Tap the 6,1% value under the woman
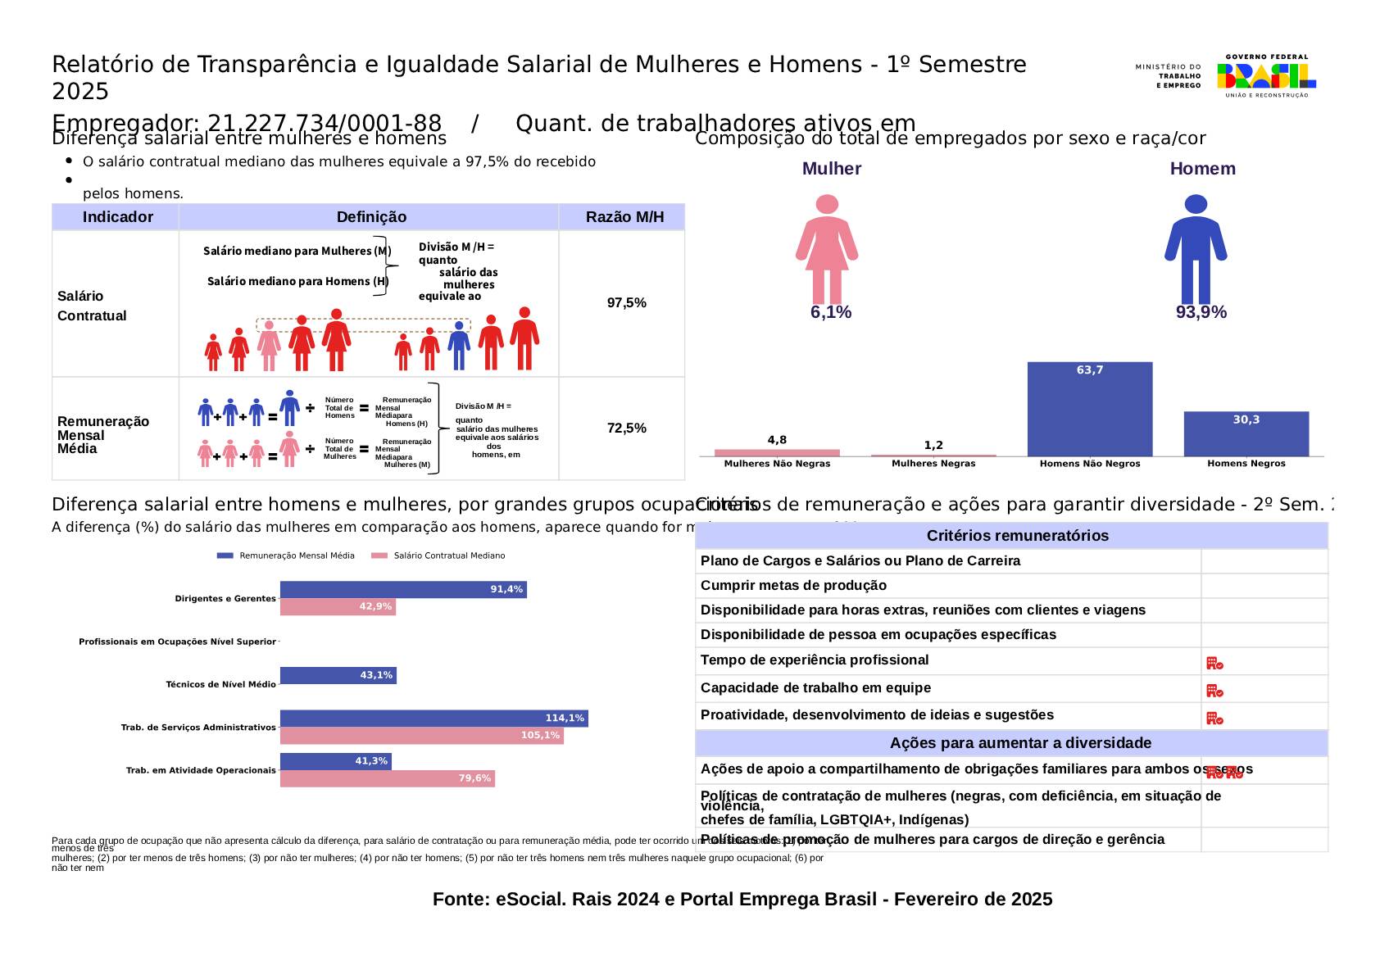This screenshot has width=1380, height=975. [x=831, y=312]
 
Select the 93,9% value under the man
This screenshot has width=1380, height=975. [x=1201, y=312]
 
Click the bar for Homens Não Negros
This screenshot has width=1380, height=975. [x=1089, y=409]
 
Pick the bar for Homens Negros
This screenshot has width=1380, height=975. [x=1246, y=433]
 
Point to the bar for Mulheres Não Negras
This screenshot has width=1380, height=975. [x=777, y=452]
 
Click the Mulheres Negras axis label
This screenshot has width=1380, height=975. [x=933, y=464]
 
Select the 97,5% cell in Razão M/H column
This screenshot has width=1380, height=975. [x=626, y=303]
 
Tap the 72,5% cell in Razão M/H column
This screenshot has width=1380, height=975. [x=626, y=429]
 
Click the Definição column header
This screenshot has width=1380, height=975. [x=371, y=217]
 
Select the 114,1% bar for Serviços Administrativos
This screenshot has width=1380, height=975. [x=434, y=719]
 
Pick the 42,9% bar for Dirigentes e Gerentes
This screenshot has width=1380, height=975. [x=338, y=607]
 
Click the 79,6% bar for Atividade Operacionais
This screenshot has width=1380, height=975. [x=387, y=778]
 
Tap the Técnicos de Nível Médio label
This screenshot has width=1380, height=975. [x=220, y=684]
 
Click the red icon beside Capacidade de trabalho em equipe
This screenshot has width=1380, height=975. [x=1214, y=691]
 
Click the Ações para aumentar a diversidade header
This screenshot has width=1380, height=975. [x=1010, y=743]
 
